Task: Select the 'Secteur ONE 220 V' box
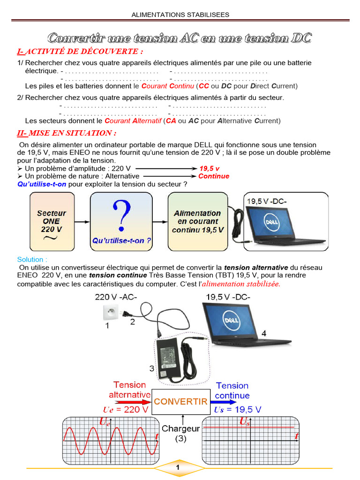coord(51,222)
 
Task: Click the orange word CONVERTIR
coord(180,402)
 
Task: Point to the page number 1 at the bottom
coord(178,468)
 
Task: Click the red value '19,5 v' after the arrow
coord(210,168)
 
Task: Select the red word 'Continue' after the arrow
coord(214,176)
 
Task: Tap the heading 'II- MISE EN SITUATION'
coord(66,133)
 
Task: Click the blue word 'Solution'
coord(32,259)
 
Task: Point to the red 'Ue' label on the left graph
coord(105,423)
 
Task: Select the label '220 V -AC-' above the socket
coord(116,297)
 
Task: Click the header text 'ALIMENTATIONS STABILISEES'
coord(180,15)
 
